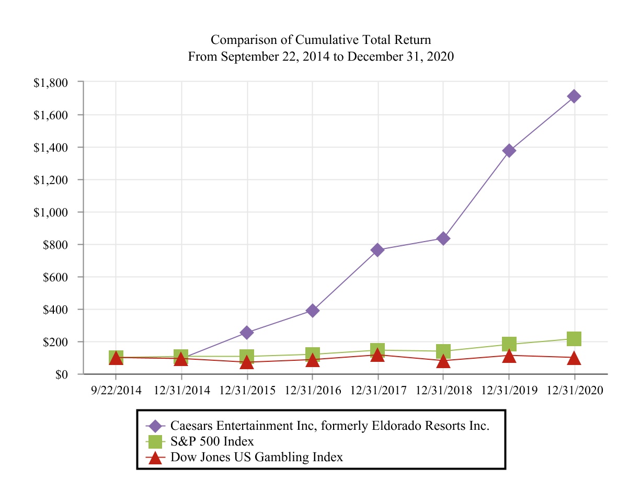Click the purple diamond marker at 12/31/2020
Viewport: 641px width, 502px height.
574,96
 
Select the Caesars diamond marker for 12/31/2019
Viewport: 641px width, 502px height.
509,151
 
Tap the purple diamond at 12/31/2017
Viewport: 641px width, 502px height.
377,250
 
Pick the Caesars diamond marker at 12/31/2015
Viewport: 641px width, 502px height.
247,333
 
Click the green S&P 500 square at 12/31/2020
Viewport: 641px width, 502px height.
574,339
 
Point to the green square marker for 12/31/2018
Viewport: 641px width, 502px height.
443,351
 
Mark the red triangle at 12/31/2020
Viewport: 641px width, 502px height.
574,359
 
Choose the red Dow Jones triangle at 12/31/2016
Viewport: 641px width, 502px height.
312,360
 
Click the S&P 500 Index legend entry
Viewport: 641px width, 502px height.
212,441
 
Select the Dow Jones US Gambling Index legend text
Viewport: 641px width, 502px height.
256,457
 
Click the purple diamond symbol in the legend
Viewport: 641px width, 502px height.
155,426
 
